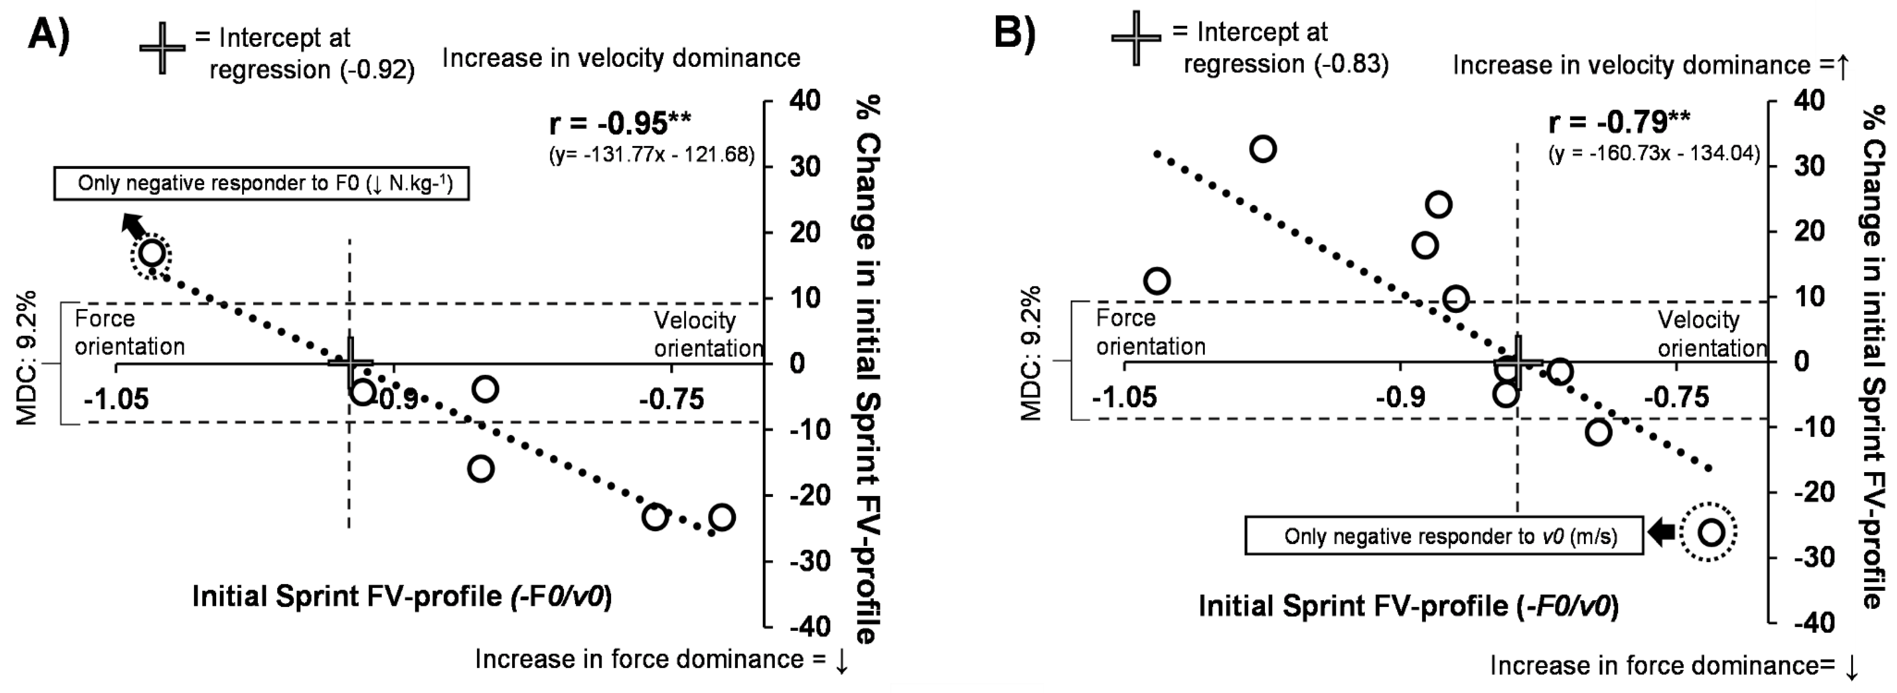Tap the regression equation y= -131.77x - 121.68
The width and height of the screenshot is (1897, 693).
pos(652,155)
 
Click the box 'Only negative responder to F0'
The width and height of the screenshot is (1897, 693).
pos(261,183)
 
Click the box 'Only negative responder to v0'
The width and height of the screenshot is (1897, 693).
pos(1443,535)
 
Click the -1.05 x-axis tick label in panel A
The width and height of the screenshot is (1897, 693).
pos(116,400)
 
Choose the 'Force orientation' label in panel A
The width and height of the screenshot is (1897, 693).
pos(130,333)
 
